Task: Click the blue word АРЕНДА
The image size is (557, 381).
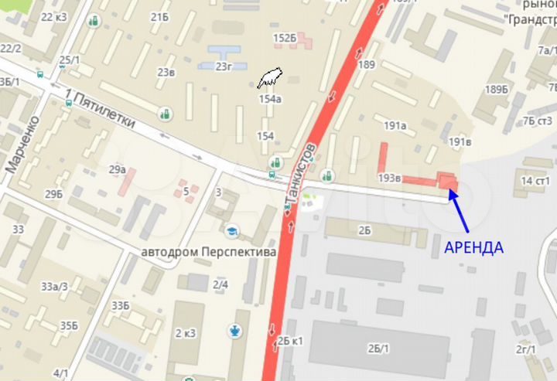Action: (x=473, y=248)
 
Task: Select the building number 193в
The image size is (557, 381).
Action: (x=389, y=178)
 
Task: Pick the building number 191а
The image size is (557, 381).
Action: (x=395, y=125)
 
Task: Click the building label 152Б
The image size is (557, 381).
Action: (x=284, y=38)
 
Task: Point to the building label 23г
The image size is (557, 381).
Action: (x=224, y=66)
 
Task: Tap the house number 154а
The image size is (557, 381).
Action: (x=270, y=99)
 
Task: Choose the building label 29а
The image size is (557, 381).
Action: (x=117, y=169)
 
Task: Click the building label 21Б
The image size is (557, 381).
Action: (x=160, y=17)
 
